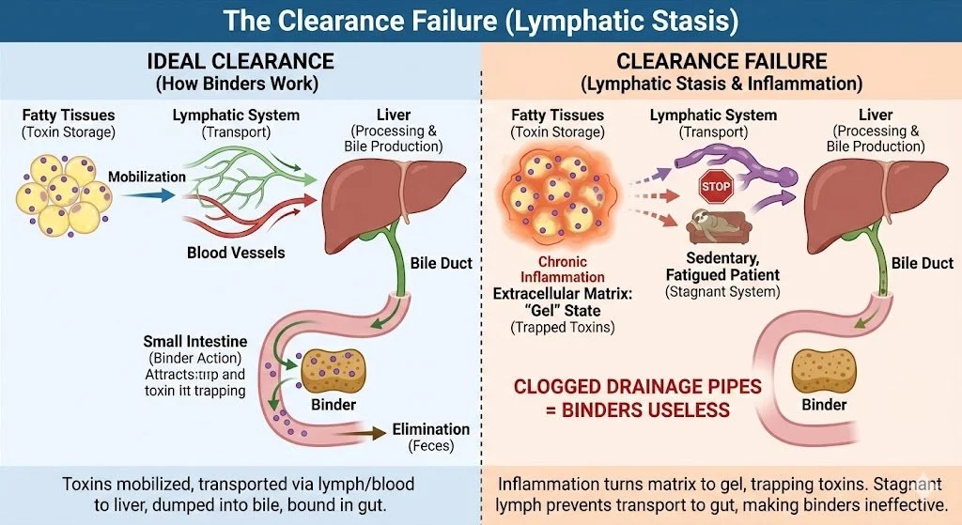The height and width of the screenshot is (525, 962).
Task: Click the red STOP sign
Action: click(715, 187)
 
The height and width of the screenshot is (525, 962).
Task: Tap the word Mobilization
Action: click(147, 177)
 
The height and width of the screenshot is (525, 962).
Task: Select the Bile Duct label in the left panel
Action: click(442, 263)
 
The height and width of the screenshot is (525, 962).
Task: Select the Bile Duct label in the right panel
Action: click(922, 263)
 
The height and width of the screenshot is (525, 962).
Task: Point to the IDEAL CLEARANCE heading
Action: click(240, 62)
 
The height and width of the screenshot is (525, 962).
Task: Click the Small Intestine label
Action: click(194, 341)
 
